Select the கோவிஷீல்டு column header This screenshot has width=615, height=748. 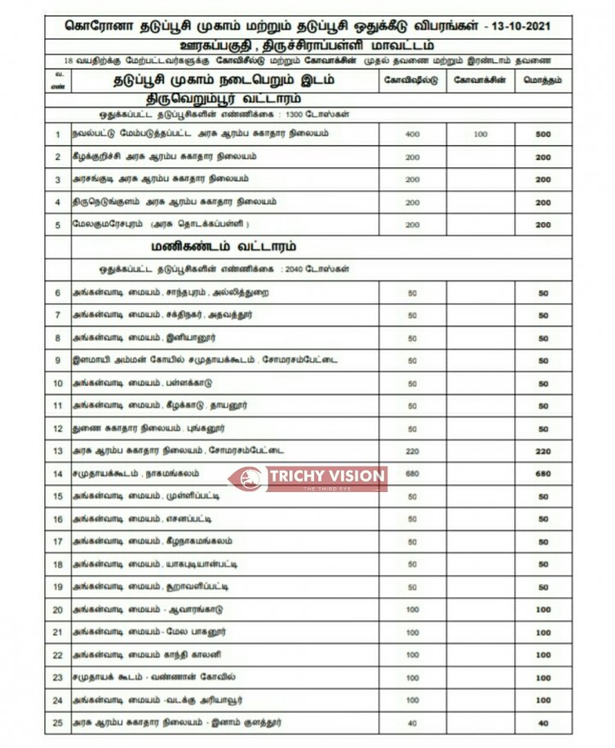point(412,80)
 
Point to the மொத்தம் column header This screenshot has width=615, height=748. point(543,80)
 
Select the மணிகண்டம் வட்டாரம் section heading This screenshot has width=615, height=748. point(223,246)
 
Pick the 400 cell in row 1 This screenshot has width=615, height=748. point(412,134)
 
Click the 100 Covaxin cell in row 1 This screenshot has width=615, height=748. point(481,134)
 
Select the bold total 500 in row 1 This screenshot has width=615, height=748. point(543,134)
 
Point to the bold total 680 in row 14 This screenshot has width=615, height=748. point(543,473)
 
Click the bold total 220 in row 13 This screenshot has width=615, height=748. point(543,451)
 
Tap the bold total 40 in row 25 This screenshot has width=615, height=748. point(543,723)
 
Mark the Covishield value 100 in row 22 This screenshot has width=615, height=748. point(412,654)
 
